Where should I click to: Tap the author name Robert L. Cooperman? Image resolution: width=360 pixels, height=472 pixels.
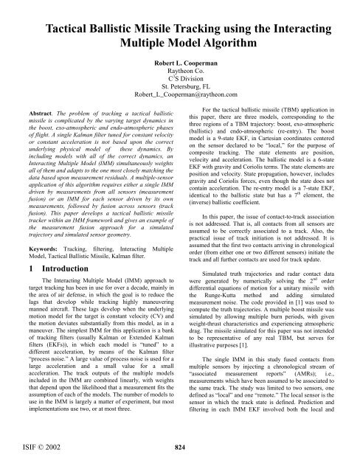click(x=180, y=67)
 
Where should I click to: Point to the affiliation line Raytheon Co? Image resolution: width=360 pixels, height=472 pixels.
click(x=180, y=76)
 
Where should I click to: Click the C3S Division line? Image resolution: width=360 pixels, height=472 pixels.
click(x=180, y=85)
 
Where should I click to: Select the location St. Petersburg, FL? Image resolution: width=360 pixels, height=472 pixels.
click(x=180, y=94)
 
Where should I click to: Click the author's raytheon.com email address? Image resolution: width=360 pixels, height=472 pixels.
click(x=180, y=104)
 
